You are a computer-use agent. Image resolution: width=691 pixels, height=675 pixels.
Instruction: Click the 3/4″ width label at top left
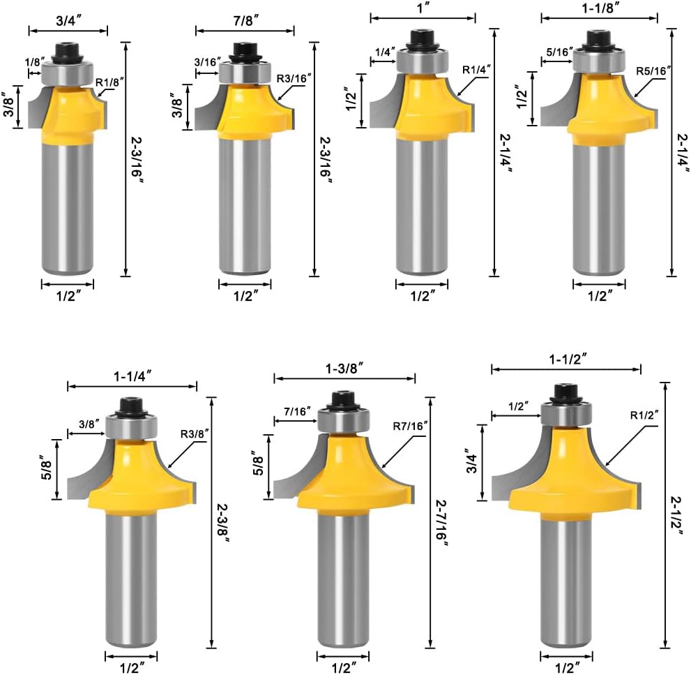(68, 21)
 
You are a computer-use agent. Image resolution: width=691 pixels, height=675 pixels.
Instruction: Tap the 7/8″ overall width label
(246, 20)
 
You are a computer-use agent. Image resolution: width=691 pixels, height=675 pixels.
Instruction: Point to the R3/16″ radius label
(294, 79)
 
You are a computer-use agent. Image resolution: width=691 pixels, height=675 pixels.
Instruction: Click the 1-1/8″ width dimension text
(600, 8)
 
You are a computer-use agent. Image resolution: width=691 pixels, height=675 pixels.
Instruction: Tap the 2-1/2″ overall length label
(677, 515)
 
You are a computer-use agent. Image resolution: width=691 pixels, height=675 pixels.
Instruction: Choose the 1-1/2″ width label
(568, 359)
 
